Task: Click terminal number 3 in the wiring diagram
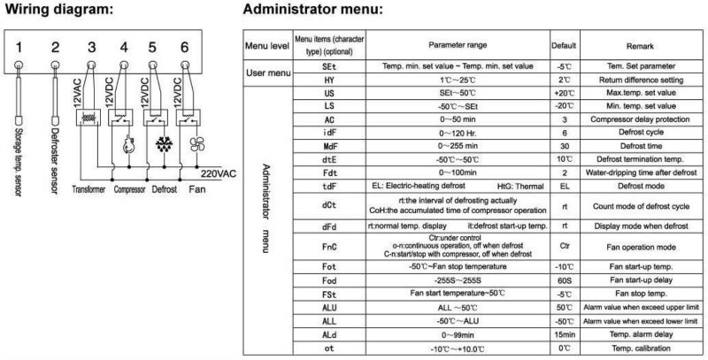[90, 45]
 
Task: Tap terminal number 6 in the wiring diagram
[182, 45]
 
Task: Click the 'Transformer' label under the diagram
[89, 189]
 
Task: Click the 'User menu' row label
[266, 73]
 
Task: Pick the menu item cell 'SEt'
[329, 66]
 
